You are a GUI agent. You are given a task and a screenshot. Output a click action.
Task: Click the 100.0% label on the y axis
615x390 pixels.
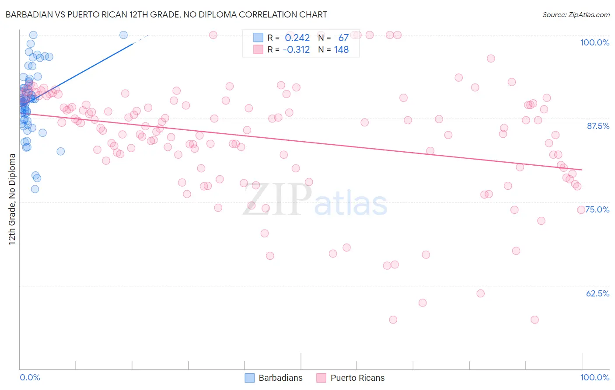point(594,42)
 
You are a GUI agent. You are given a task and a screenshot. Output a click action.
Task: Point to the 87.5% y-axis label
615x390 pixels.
point(598,126)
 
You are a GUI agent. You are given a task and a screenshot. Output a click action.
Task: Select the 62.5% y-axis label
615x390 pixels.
point(598,293)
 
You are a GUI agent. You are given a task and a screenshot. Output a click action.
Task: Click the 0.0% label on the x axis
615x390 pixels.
point(30,377)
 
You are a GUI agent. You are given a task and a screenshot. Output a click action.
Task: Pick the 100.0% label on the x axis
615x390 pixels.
point(594,377)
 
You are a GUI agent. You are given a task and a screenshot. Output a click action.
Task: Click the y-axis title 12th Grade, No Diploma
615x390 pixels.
point(12,199)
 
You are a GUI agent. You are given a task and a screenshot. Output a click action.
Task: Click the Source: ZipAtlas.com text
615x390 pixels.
point(576,14)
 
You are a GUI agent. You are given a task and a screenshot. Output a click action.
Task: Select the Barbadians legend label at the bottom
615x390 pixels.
point(280,378)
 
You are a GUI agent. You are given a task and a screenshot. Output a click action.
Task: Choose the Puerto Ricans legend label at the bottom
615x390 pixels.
point(357,378)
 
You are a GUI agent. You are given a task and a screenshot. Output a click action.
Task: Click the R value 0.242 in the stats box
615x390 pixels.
point(297,38)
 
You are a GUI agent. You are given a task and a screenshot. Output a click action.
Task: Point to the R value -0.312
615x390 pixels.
point(296,50)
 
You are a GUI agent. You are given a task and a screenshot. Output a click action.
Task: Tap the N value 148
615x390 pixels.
point(341,50)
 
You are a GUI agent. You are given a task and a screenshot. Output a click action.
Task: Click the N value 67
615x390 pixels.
point(343,38)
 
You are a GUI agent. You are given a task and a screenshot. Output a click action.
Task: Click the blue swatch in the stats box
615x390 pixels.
point(259,38)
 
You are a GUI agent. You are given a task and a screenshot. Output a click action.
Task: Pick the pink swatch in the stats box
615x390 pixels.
point(259,49)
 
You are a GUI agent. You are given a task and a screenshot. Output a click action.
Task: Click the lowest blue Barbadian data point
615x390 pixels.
point(35,189)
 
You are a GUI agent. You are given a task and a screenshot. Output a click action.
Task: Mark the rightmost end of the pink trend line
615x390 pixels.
point(582,170)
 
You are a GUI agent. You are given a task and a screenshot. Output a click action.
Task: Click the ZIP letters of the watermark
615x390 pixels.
point(277,199)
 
